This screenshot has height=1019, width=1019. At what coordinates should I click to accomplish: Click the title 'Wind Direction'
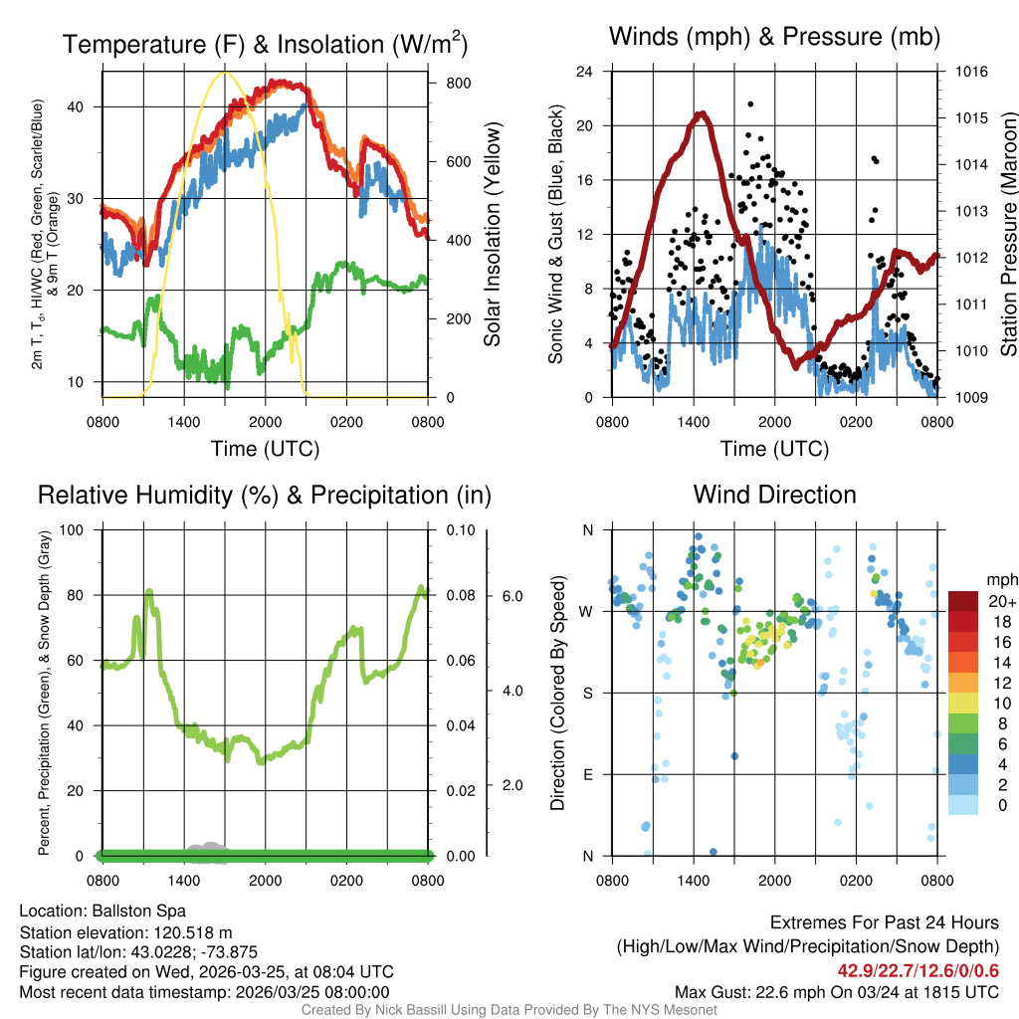point(774,495)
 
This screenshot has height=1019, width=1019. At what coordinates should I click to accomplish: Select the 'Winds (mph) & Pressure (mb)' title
point(774,37)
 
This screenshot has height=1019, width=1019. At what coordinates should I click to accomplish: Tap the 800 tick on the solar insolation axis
point(458,83)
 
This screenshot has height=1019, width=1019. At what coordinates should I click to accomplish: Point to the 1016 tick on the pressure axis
point(971,72)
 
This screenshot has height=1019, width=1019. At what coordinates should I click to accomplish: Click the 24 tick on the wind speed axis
point(585,72)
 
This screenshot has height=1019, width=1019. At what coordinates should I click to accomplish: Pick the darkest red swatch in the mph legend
point(963,602)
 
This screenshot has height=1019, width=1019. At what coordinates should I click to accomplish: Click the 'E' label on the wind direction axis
point(587,774)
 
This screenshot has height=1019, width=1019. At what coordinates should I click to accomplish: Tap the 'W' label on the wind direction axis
point(587,611)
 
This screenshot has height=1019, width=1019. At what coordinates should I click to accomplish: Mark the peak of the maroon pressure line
point(703,113)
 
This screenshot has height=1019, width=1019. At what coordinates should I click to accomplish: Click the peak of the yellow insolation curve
point(225,72)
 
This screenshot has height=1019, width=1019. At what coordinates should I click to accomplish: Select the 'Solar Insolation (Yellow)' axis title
point(493,234)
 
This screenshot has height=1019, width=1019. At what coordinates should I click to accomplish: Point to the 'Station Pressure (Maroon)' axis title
point(1007,234)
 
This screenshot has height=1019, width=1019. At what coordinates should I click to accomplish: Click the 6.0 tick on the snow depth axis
point(511,596)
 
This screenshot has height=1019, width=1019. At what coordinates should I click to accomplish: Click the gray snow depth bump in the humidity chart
point(209,847)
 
